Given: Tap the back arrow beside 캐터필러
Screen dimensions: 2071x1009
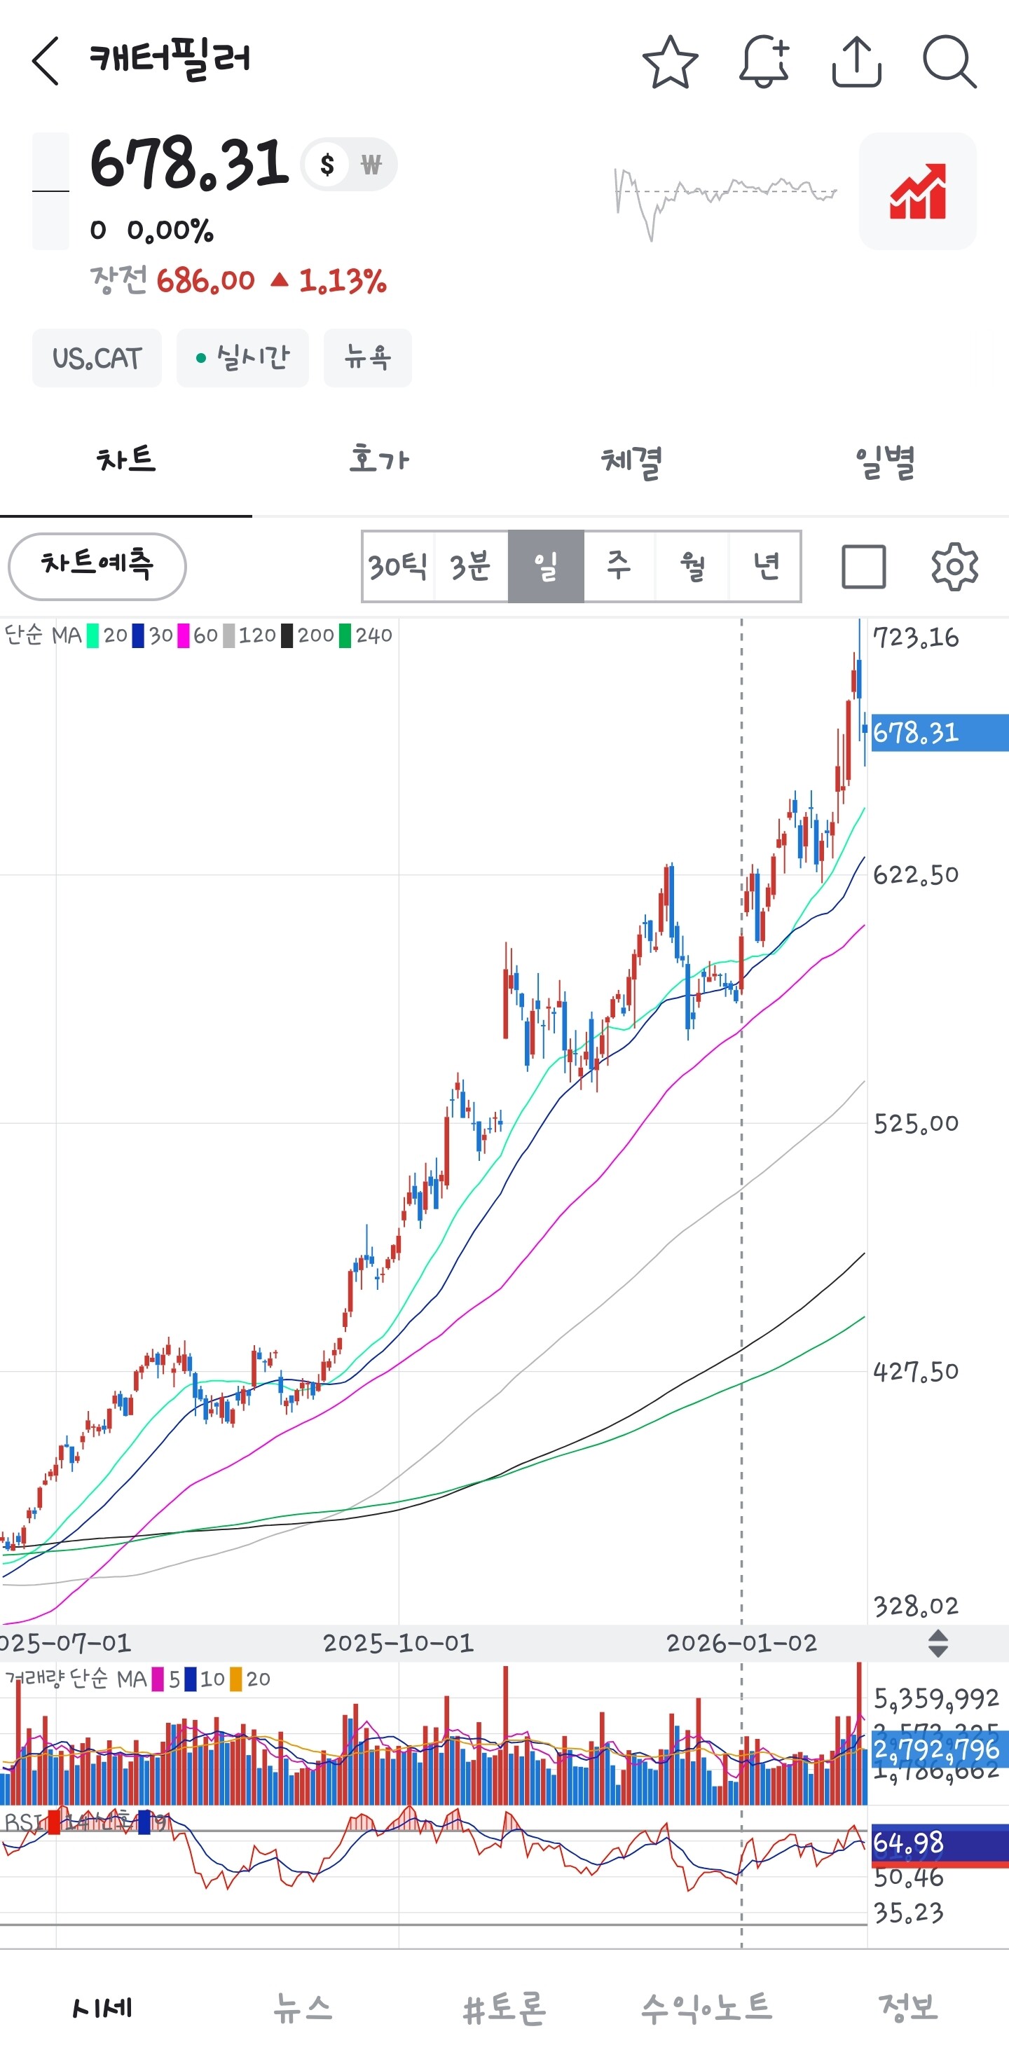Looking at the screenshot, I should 46,61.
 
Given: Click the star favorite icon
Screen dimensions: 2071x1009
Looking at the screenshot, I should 670,62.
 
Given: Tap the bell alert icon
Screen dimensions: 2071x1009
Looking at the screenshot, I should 763,62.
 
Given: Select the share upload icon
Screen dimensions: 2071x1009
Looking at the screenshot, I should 856,62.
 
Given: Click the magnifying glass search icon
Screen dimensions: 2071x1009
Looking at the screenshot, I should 949,62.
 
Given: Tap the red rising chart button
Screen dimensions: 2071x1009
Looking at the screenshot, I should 917,191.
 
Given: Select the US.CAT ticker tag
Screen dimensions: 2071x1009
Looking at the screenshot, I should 97,358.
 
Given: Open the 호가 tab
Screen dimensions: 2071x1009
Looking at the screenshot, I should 378,460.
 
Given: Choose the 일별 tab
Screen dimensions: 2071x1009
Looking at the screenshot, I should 884,462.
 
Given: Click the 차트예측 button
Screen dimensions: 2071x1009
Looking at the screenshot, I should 97,565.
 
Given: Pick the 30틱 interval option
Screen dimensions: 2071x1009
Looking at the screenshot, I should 398,566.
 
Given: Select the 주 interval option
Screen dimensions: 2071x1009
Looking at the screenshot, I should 618,566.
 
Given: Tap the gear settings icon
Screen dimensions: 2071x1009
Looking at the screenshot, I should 954,567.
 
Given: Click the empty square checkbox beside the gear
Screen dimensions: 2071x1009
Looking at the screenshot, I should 863,567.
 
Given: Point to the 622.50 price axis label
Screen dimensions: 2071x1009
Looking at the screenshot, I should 916,874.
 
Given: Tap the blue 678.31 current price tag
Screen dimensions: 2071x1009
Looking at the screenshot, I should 938,732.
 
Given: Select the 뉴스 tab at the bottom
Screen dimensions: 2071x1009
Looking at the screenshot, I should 302,2007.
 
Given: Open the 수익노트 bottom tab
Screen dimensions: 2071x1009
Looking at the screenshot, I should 706,2007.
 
